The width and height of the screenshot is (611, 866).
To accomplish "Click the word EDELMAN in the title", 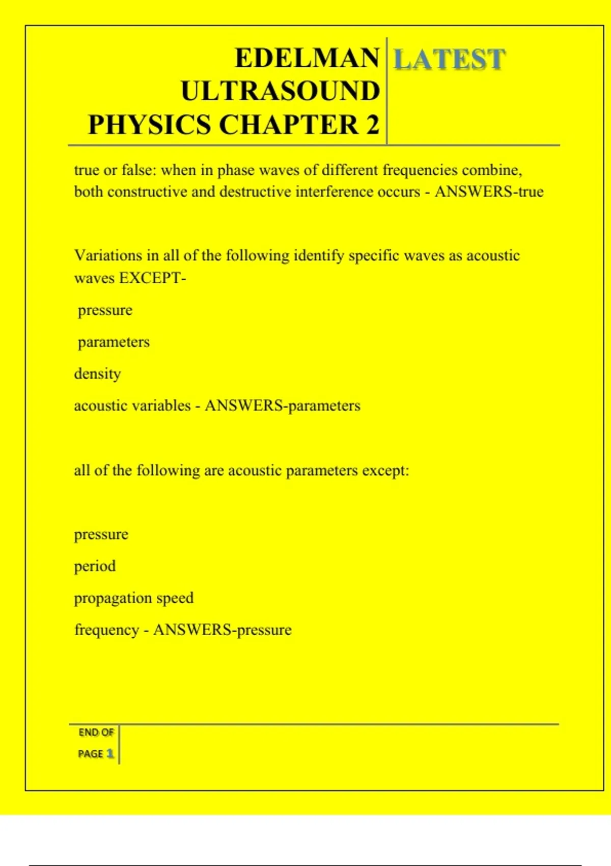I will (x=307, y=58).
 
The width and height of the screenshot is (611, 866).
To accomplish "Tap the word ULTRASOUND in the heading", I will (x=281, y=92).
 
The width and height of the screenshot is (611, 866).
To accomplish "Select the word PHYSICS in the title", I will (x=149, y=125).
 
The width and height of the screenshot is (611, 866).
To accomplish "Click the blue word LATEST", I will (x=449, y=59).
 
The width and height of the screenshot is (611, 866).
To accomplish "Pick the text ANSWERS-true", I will (x=489, y=192).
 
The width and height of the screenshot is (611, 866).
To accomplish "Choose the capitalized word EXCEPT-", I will (x=152, y=278).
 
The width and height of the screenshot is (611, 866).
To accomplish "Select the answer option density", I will (x=98, y=374).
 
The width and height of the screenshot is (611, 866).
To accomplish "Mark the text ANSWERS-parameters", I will (x=283, y=406).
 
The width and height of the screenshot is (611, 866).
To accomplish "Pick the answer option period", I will (x=95, y=566).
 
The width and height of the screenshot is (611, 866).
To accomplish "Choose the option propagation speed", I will (x=134, y=598).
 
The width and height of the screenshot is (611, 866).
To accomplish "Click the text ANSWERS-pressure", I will (x=223, y=630).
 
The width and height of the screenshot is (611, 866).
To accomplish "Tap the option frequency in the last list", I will (x=106, y=630).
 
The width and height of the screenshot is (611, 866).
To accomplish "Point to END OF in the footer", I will (x=96, y=733).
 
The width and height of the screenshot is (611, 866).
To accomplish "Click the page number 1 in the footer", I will (x=109, y=753).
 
